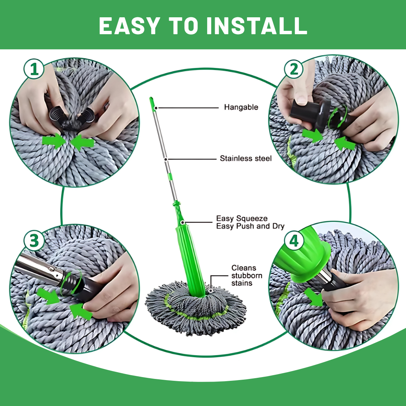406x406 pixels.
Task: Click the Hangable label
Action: click(241, 107)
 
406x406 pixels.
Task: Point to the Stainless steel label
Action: click(245, 158)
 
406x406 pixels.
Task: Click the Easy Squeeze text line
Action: click(242, 218)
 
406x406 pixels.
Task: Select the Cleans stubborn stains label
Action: click(247, 275)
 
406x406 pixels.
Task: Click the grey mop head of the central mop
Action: click(195, 308)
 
